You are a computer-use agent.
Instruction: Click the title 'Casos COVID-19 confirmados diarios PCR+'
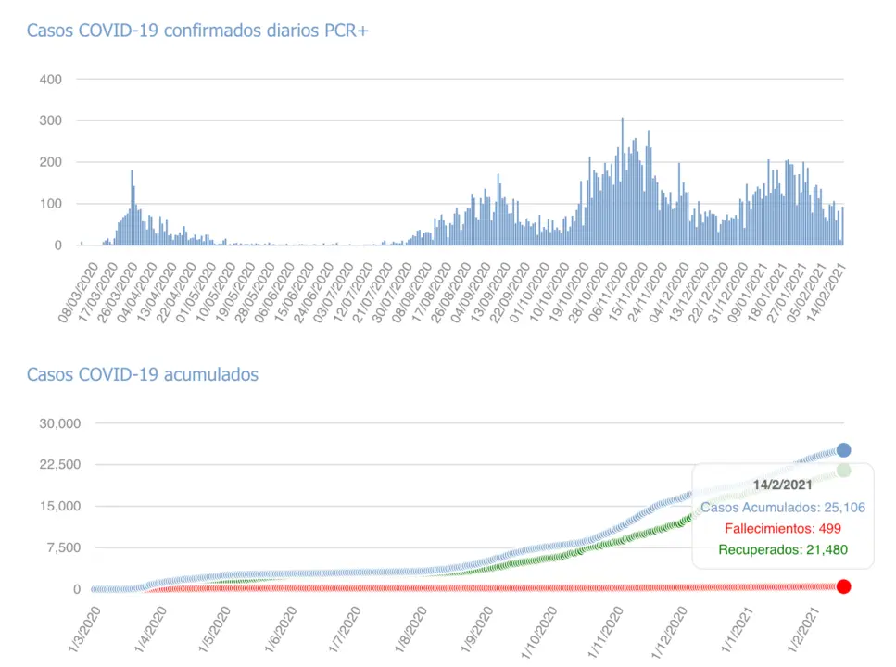(197, 31)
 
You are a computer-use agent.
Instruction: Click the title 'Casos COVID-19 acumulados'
(142, 374)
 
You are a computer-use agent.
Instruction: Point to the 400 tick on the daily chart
(50, 80)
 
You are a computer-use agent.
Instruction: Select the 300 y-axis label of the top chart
(50, 121)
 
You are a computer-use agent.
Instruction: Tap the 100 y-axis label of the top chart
(50, 204)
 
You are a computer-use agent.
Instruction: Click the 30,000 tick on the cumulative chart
(59, 423)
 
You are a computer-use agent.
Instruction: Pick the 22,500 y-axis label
(59, 465)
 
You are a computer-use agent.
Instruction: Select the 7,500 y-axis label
(63, 547)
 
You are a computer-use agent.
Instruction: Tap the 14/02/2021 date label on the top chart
(827, 290)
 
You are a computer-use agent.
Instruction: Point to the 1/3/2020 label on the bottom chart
(83, 630)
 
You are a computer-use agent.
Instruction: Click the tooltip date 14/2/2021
(782, 485)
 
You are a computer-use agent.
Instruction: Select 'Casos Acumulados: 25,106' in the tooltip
(782, 507)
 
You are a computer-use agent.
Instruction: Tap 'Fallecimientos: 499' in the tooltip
(782, 528)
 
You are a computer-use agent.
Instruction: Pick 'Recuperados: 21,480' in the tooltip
(782, 550)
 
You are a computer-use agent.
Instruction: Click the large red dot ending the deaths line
(843, 586)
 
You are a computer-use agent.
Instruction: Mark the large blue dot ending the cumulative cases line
(843, 450)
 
